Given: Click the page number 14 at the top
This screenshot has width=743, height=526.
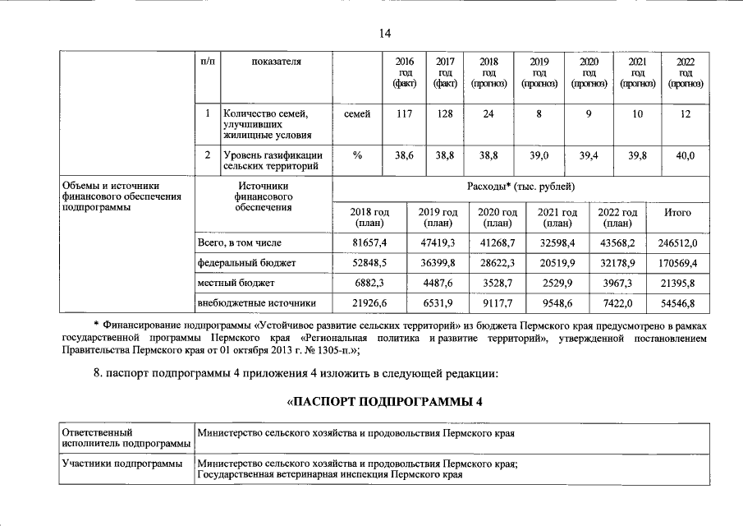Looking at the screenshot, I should click(385, 33).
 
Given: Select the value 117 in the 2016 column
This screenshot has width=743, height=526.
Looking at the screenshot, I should click(404, 114).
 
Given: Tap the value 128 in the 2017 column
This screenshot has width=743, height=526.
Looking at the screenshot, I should click(445, 114).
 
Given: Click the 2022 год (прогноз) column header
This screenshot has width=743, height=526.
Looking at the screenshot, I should click(685, 73).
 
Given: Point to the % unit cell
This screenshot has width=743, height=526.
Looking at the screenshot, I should click(357, 155).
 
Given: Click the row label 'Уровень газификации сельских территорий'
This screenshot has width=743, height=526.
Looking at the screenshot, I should click(273, 161).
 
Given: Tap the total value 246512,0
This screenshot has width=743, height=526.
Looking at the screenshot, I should click(677, 243).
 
